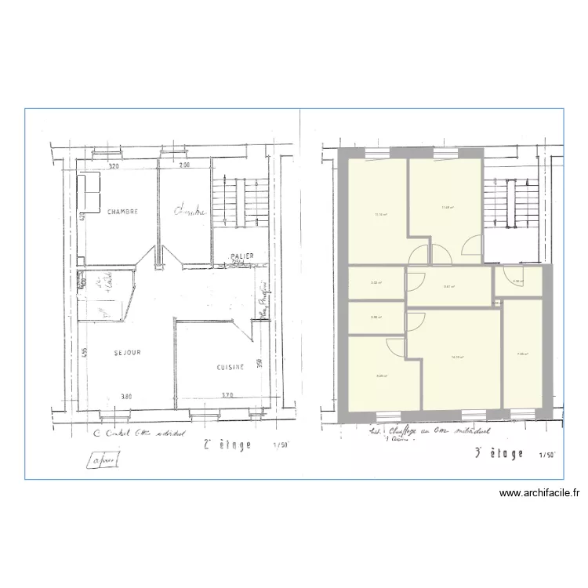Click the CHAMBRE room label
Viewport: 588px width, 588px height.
click(x=123, y=212)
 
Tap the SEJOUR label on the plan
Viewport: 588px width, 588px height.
click(x=126, y=353)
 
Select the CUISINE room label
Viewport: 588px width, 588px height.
click(x=230, y=367)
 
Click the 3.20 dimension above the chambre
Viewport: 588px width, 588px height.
click(x=113, y=166)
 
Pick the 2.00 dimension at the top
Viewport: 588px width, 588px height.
click(x=184, y=166)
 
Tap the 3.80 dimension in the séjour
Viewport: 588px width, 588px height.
click(x=126, y=396)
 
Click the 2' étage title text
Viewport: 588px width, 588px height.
click(x=227, y=445)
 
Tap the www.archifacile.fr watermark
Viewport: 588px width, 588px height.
click(x=540, y=494)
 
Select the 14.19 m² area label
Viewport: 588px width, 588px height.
click(x=458, y=357)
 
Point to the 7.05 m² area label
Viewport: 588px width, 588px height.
click(x=522, y=354)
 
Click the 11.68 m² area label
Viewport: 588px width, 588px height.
click(x=448, y=208)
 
